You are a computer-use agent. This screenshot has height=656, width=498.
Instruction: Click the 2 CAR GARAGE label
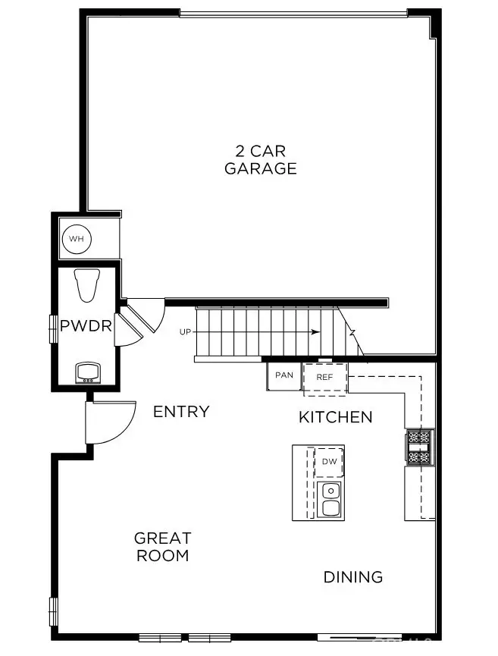tap(260, 160)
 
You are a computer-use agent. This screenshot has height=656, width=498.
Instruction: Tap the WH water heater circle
tap(76, 240)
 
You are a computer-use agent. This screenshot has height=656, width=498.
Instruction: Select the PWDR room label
tap(86, 327)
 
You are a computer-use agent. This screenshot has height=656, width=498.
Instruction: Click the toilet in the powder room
tap(88, 285)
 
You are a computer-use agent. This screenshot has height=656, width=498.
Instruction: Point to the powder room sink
tap(88, 372)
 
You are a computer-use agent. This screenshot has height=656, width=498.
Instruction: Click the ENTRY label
tap(181, 412)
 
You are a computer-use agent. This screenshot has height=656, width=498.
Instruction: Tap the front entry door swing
tap(110, 423)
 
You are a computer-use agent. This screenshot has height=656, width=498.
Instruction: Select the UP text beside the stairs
tap(185, 332)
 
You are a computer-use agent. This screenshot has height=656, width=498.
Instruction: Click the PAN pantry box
tap(283, 375)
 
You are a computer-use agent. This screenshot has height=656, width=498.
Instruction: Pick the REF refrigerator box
tap(325, 377)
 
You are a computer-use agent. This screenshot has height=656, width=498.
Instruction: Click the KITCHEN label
tap(335, 417)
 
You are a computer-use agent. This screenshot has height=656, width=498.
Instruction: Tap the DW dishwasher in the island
tap(329, 462)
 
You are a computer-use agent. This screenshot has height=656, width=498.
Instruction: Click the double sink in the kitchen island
tap(330, 500)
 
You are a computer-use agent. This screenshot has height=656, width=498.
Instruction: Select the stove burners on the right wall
tap(419, 447)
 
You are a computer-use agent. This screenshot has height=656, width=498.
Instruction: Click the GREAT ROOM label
tap(162, 547)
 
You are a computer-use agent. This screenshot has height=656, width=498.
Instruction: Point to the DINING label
tap(352, 577)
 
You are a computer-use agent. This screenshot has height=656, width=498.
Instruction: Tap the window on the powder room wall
tap(54, 328)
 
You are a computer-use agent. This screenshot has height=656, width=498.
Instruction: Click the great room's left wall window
tap(54, 611)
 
